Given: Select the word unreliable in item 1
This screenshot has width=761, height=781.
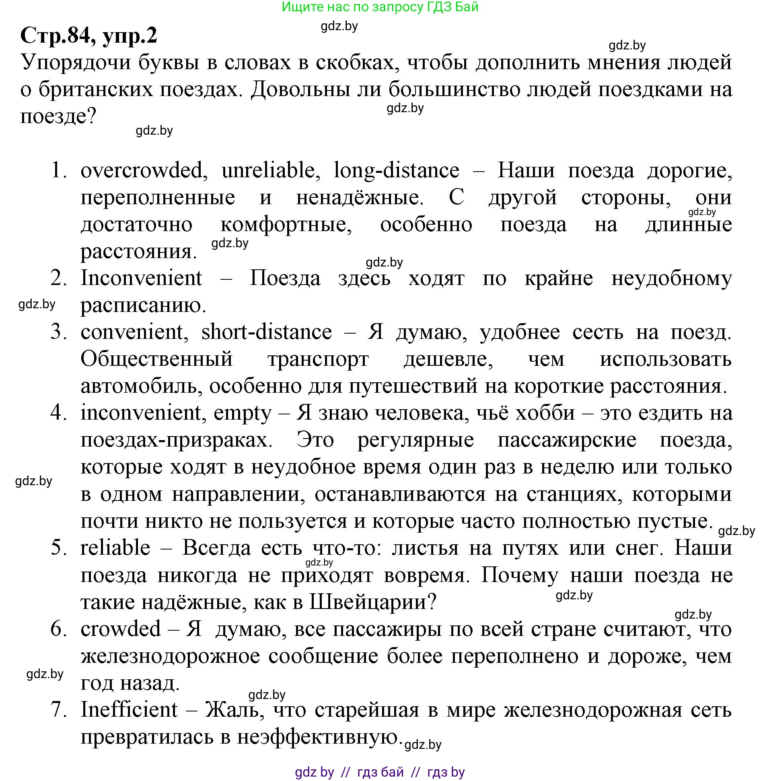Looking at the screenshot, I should point(268,170).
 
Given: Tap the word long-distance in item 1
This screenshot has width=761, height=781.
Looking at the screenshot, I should point(396,170).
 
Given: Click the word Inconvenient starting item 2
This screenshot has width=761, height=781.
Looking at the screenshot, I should point(141,278).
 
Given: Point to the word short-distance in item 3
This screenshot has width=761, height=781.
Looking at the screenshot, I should point(267,332).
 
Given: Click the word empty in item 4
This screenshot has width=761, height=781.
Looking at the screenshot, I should point(243,413).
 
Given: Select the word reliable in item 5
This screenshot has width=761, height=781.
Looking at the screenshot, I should point(115,548).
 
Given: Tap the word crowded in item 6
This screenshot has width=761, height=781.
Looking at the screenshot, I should point(121,629).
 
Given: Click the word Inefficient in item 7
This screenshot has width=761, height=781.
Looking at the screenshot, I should point(129,710).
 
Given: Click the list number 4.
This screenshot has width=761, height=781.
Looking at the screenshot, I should point(58,413).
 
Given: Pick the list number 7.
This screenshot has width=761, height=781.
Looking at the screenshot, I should point(58,710).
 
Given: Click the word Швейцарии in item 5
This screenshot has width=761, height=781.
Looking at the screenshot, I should point(372,602).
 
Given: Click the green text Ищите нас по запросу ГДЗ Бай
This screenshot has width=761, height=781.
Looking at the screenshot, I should point(380,7).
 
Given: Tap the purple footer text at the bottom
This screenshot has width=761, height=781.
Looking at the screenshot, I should point(380,772).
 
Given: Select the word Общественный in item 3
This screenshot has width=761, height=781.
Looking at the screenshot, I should point(156,359).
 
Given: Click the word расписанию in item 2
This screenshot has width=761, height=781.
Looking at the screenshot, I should point(143,305).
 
